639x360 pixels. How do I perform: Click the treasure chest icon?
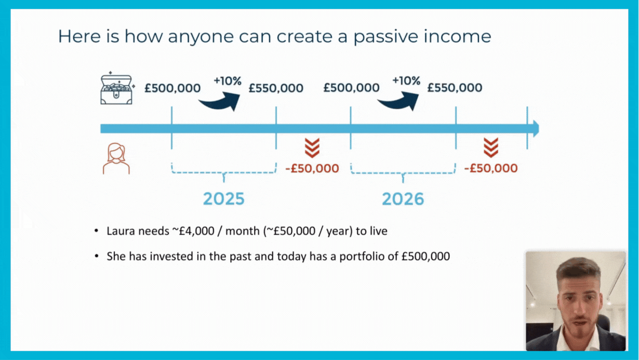[117, 88]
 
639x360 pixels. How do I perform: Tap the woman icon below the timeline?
[116, 158]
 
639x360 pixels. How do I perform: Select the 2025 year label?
[223, 199]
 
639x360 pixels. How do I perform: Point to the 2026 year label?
[403, 199]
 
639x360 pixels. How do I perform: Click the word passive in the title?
[385, 37]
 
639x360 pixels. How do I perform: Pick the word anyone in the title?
[200, 37]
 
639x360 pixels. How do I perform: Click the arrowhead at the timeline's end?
[536, 129]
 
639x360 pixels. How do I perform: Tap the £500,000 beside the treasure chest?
[172, 88]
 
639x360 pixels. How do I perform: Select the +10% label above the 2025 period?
[228, 81]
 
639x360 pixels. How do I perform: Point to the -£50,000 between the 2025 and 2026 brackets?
[312, 168]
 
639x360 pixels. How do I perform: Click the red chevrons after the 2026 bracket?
[491, 148]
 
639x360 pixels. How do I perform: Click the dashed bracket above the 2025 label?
[223, 172]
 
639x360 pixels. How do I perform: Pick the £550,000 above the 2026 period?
[455, 88]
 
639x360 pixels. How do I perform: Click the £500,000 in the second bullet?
[425, 257]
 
